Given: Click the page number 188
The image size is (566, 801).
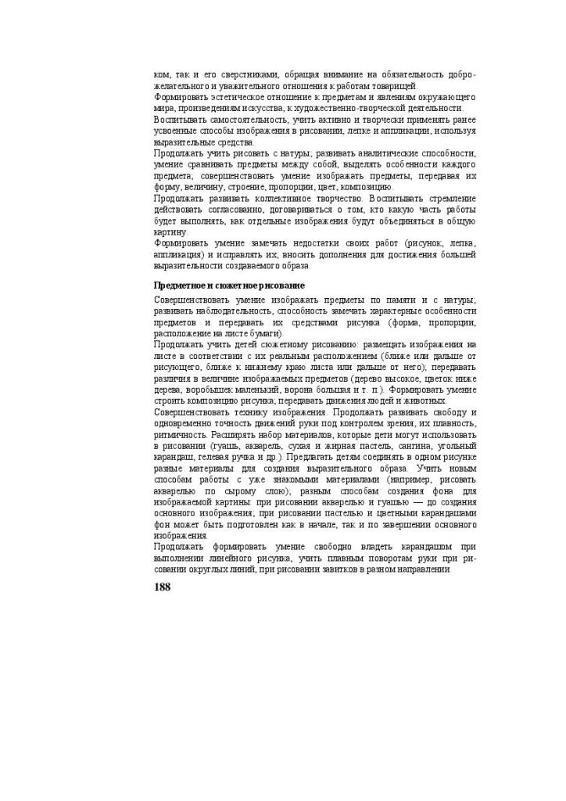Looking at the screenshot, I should click(x=163, y=587).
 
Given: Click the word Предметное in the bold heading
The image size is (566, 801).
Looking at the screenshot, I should click(x=179, y=286).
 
